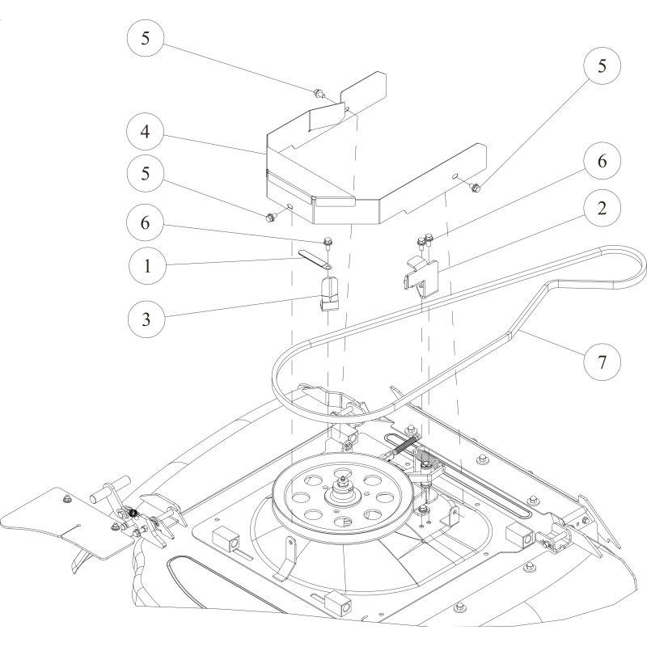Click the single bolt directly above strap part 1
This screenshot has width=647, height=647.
tap(328, 241)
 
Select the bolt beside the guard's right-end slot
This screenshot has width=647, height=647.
tap(476, 188)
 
